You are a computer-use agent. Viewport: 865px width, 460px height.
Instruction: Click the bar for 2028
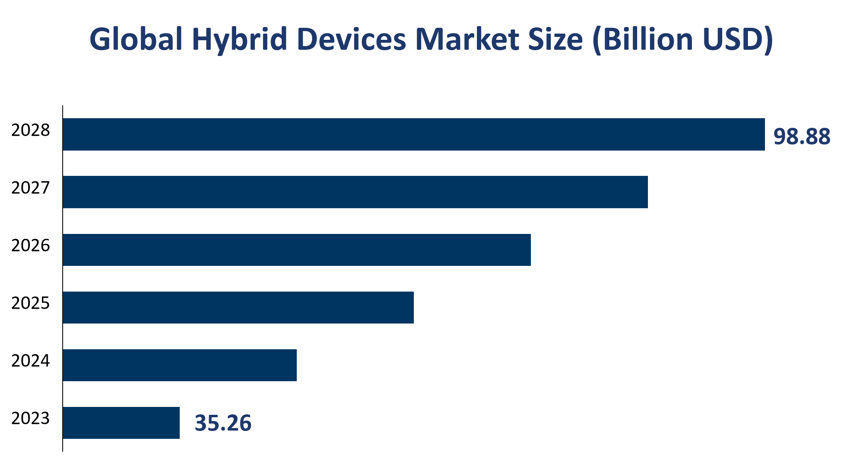point(413,134)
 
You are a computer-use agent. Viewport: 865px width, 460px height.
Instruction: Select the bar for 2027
point(355,192)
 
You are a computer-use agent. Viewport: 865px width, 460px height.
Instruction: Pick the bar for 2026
point(296,250)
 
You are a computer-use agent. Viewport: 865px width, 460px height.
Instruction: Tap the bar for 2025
point(238,307)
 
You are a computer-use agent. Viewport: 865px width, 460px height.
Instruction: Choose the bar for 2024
point(179,365)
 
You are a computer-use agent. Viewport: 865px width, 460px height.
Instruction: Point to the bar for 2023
point(121,423)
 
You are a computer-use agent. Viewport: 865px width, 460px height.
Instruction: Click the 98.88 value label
point(801,136)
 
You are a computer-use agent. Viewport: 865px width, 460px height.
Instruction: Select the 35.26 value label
point(223,423)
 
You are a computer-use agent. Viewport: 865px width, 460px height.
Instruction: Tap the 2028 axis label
point(30,130)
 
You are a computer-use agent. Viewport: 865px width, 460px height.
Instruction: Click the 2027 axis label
point(30,188)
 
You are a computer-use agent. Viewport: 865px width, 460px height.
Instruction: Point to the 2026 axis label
point(30,246)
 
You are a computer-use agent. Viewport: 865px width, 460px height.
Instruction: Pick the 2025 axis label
point(30,303)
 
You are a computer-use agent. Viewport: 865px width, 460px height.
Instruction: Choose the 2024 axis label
point(30,361)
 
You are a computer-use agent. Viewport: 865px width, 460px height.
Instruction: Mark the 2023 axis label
point(30,419)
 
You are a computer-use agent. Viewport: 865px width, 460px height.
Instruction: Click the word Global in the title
point(136,39)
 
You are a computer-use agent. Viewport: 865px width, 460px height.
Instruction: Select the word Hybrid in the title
point(239,39)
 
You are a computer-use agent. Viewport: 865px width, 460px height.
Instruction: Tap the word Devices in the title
point(351,39)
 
